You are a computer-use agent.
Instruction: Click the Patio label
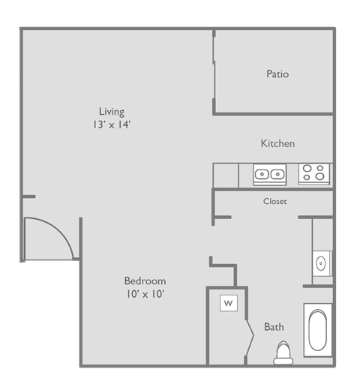tap(277, 74)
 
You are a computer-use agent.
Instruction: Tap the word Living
tap(112, 112)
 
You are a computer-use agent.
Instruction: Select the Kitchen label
tap(277, 143)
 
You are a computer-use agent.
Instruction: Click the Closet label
tap(274, 201)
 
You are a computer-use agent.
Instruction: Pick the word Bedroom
tap(145, 280)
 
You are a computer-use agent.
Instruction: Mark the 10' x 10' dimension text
tap(145, 294)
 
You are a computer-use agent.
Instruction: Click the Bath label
tap(274, 327)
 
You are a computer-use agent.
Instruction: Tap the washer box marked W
tap(228, 304)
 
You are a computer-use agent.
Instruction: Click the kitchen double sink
tap(269, 174)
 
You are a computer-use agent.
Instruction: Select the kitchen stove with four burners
tap(315, 174)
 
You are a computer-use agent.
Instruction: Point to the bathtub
tap(317, 331)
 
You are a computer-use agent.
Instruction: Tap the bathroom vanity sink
tap(322, 263)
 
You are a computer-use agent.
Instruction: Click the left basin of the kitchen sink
tap(262, 175)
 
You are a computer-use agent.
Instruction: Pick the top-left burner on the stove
tap(308, 169)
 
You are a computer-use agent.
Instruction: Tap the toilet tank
tap(283, 361)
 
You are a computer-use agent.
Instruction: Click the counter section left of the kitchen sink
tap(226, 174)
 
